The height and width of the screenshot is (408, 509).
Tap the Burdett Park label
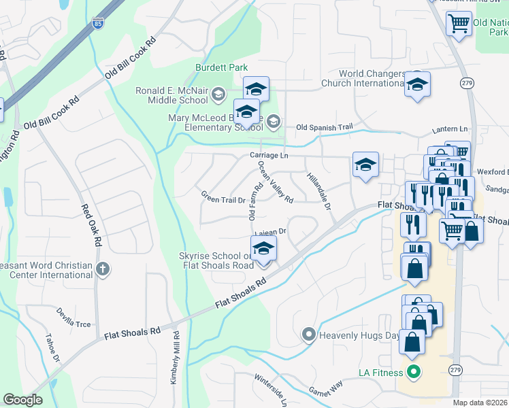(221, 67)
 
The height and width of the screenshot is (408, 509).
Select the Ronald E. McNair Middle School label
(170, 97)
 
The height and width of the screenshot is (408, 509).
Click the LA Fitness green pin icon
(412, 372)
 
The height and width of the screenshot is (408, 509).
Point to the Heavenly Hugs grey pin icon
(308, 335)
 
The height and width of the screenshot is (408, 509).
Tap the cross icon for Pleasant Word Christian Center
(103, 269)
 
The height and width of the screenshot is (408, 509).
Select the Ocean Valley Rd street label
(276, 183)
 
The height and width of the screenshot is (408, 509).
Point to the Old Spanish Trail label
(325, 127)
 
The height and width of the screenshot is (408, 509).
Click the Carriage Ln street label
(269, 156)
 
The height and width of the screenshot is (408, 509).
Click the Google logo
(22, 400)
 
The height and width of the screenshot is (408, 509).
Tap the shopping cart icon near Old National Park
(459, 23)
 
